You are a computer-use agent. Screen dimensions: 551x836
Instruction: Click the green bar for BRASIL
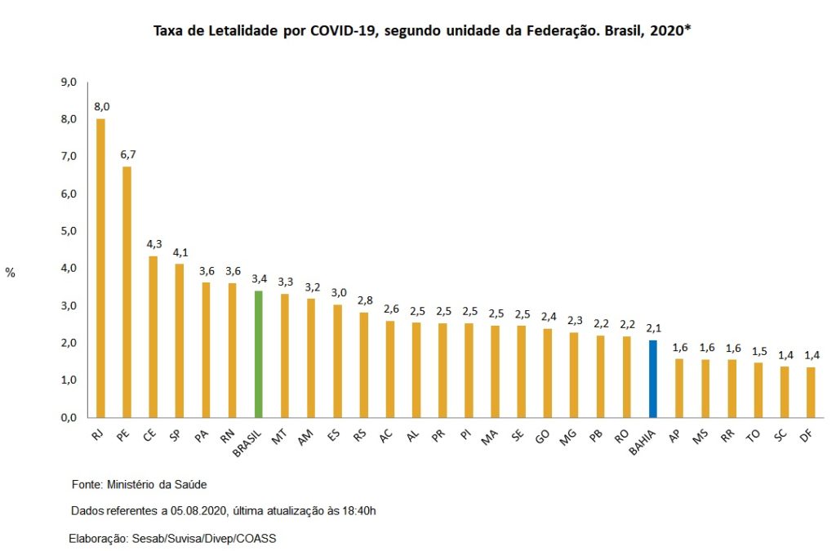point(258,353)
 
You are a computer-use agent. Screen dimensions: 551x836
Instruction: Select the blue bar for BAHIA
point(652,378)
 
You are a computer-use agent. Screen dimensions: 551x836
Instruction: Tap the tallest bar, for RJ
point(100,268)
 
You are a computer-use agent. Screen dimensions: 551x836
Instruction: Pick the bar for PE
point(127,291)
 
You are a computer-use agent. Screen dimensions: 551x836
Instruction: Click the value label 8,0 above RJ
point(100,107)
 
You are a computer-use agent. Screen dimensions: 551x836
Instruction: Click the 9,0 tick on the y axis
point(69,82)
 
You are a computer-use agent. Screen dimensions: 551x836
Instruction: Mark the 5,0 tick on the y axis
point(69,231)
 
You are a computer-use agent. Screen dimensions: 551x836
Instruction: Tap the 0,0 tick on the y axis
point(69,417)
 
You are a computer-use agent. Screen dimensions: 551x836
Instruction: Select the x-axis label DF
point(806,438)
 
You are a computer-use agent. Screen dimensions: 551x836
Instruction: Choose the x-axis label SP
point(175,438)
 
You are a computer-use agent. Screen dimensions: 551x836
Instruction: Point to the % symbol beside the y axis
point(11,273)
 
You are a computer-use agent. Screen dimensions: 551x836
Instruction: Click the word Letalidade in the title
point(230,32)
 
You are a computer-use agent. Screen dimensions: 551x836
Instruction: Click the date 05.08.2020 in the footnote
point(199,511)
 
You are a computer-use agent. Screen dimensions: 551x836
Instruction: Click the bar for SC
point(784,392)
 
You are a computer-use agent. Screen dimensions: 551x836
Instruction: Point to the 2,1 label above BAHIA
point(652,327)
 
